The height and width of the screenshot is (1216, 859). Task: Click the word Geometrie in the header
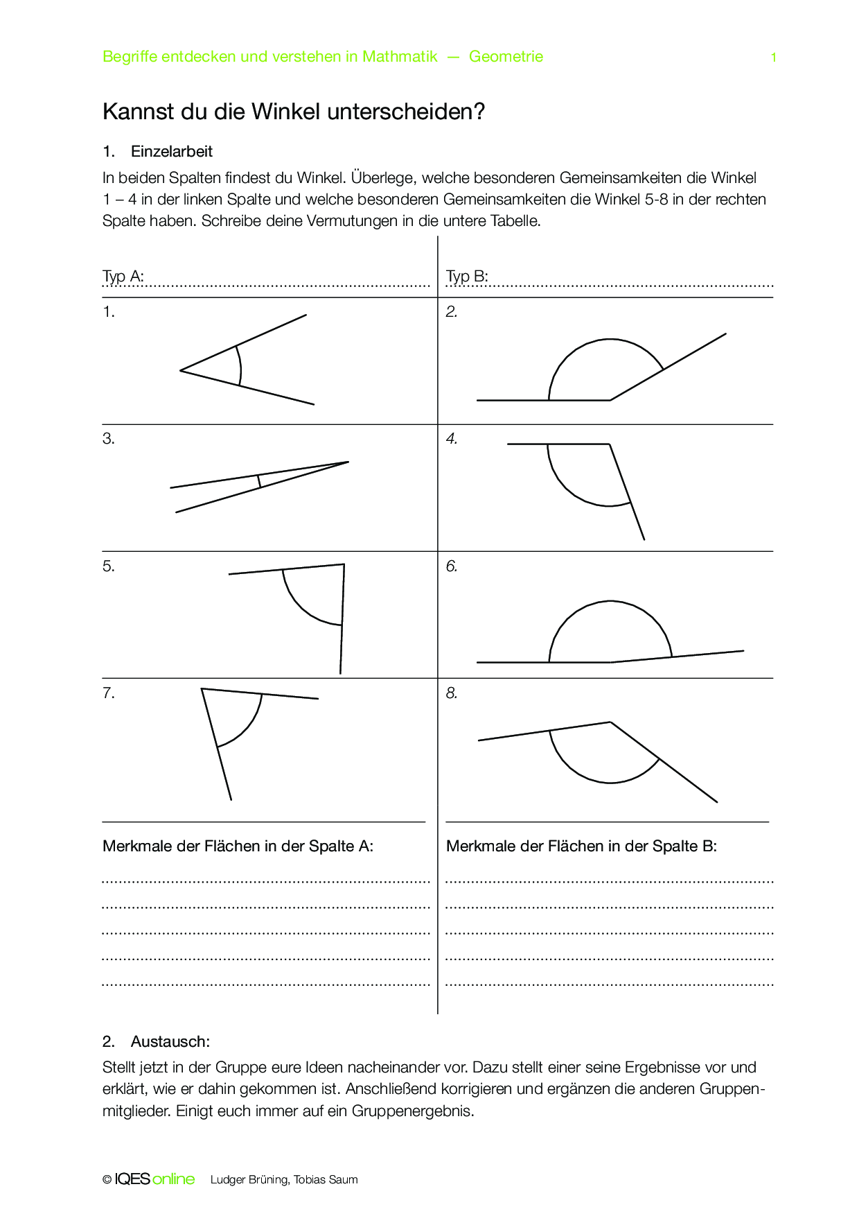tap(506, 57)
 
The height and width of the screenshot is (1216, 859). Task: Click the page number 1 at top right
tap(774, 58)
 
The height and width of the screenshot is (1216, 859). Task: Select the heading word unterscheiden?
tap(406, 112)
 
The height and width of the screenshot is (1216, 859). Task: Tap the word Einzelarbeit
tap(172, 152)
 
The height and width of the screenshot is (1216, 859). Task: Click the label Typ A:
tap(123, 276)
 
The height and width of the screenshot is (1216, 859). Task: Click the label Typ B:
tap(467, 276)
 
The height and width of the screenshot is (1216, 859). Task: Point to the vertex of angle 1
tap(181, 370)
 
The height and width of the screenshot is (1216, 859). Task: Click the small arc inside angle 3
tap(259, 480)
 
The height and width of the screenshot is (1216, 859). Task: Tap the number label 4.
tap(452, 439)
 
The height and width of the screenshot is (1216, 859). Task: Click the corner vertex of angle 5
tap(344, 564)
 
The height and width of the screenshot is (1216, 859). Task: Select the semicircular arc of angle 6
tap(610, 602)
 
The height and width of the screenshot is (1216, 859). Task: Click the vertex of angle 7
tap(202, 689)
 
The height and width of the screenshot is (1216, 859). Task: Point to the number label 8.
tap(452, 693)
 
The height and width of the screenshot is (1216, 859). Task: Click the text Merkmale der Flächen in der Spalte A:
tap(238, 846)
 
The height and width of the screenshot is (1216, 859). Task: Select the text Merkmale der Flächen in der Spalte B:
tap(581, 846)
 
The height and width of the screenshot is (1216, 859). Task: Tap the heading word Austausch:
tap(170, 1041)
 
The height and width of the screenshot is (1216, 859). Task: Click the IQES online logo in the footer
tap(154, 1179)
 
